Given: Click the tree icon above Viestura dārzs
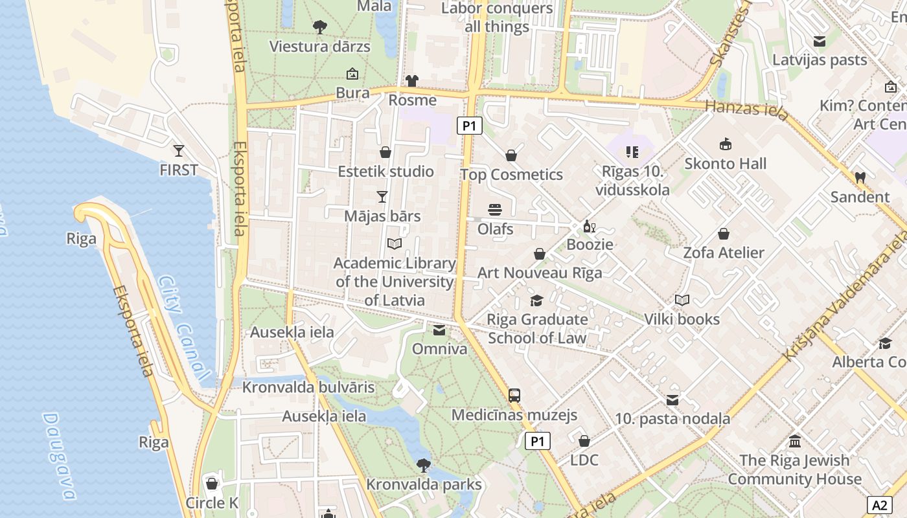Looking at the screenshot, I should (x=319, y=27).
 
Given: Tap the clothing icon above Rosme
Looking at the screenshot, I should (x=412, y=81).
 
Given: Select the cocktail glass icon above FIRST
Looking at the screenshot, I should (x=179, y=151).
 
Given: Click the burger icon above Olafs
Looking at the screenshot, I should (x=495, y=210).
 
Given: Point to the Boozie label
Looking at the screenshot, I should (x=590, y=244).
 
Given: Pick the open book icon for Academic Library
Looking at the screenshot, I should (x=395, y=244).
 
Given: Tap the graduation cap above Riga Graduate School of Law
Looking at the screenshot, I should (x=536, y=300).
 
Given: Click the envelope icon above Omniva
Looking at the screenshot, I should (x=439, y=330).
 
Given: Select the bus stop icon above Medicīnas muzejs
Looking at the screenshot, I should (x=514, y=395).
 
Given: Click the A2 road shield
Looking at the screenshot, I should (x=879, y=505).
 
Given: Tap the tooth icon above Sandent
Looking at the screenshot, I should (x=860, y=177).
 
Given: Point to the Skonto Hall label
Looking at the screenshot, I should (x=725, y=164).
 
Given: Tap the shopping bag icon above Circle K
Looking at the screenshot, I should (x=211, y=484).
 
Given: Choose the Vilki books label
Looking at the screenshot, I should (x=682, y=319).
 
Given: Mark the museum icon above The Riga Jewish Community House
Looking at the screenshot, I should (x=795, y=441).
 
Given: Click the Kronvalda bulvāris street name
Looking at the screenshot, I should (x=308, y=387).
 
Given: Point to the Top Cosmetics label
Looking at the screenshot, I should (x=511, y=175).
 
